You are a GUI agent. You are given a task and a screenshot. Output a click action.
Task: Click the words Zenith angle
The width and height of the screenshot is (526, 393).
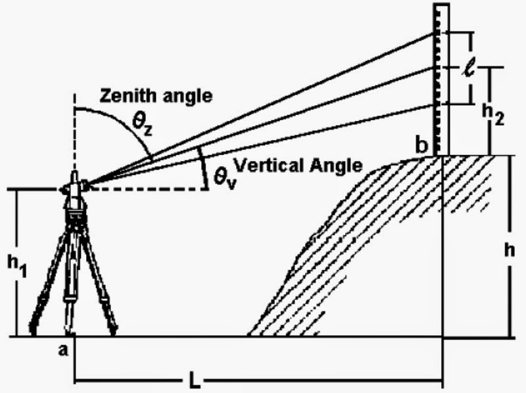point(156,96)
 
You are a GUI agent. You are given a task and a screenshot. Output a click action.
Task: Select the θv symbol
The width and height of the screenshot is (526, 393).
point(217,177)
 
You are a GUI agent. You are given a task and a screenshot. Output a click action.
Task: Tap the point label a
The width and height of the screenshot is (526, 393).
point(64,350)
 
